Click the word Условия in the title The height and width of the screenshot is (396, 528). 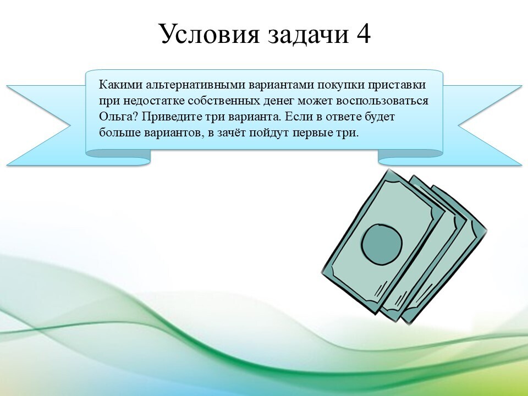[x=210, y=34]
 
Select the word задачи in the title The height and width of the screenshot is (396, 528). [x=308, y=34]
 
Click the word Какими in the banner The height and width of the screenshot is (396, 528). [x=120, y=84]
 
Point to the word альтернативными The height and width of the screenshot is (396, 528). [x=196, y=84]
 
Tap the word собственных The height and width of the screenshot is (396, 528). [x=224, y=101]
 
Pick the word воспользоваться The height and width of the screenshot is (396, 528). [x=381, y=101]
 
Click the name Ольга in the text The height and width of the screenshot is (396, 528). [x=118, y=117]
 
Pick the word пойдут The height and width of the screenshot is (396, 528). [x=269, y=133]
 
